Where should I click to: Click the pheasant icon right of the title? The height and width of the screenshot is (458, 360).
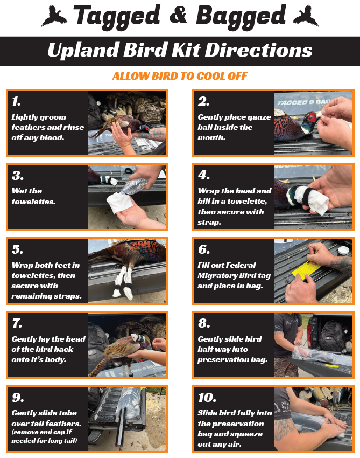pyautogui.click(x=306, y=16)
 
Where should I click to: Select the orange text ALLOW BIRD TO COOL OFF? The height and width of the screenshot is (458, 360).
pyautogui.click(x=180, y=76)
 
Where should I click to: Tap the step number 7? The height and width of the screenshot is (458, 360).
pyautogui.click(x=17, y=324)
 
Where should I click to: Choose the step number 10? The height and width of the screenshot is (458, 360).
pyautogui.click(x=207, y=398)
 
